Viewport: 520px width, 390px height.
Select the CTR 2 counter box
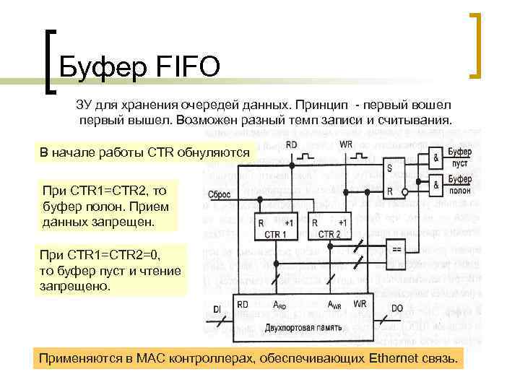pyautogui.click(x=329, y=227)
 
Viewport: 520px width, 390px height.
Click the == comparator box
pyautogui.click(x=397, y=249)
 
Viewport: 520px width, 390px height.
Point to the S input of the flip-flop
pyautogui.click(x=390, y=168)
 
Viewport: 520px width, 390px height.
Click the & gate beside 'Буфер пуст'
pyautogui.click(x=436, y=157)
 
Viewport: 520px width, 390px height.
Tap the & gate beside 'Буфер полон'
pyautogui.click(x=436, y=185)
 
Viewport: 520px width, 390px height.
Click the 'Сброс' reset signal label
pyautogui.click(x=219, y=195)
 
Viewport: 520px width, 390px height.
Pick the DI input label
pyautogui.click(x=217, y=310)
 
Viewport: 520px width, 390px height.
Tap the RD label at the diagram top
pyautogui.click(x=292, y=145)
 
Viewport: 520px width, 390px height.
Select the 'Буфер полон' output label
pyautogui.click(x=460, y=185)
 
